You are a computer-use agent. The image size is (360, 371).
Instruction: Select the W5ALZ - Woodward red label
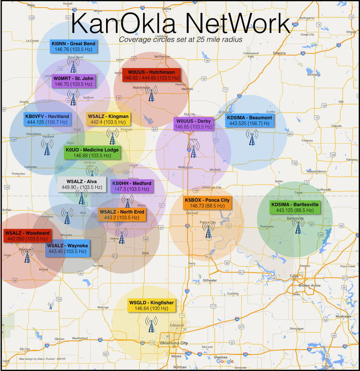tap(26, 236)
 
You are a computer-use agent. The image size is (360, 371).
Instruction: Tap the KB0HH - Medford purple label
tap(132, 186)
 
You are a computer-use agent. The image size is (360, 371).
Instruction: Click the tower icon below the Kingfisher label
tap(150, 324)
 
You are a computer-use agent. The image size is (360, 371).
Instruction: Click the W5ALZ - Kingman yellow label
tap(107, 119)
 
